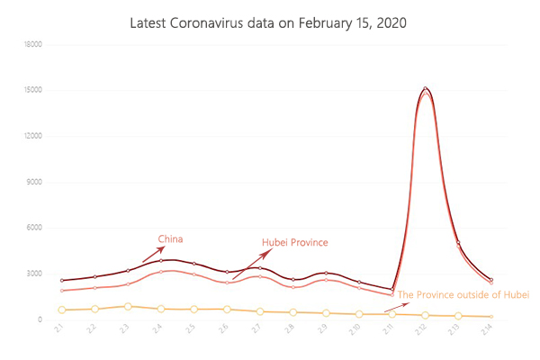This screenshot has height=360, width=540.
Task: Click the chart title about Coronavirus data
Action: tap(269, 22)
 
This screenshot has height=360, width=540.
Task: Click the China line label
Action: tap(171, 238)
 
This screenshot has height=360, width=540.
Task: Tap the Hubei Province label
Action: tap(295, 242)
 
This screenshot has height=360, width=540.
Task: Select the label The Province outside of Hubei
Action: tap(463, 294)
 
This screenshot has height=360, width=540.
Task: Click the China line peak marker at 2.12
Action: tap(425, 88)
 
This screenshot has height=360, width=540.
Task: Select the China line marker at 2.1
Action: tap(61, 281)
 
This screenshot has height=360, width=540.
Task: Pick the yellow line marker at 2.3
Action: tap(128, 306)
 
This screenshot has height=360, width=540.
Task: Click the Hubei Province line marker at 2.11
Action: tap(392, 295)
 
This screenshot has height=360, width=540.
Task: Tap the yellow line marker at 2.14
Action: tap(490, 317)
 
